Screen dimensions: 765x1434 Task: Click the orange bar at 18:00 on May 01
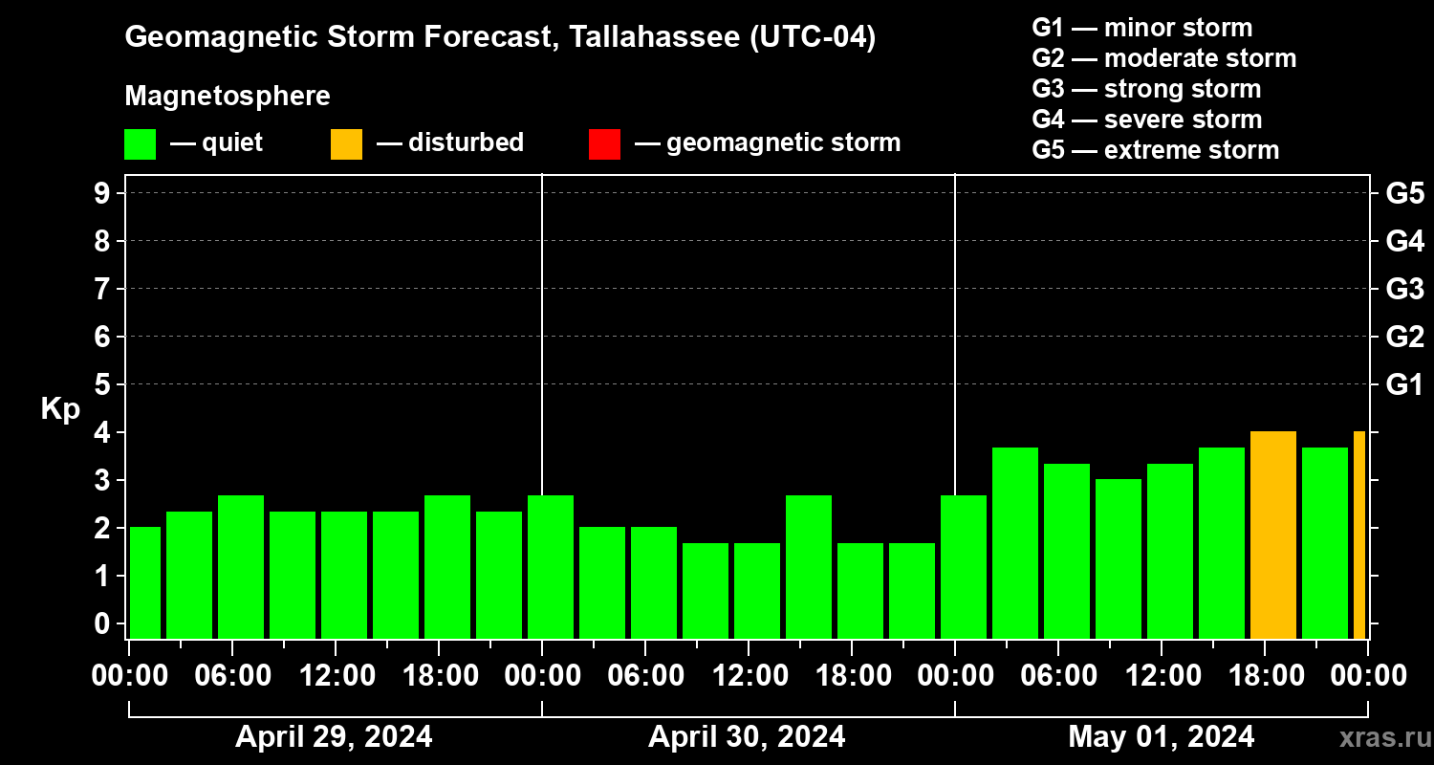[x=1272, y=535]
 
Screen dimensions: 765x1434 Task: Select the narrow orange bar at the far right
[x=1359, y=535]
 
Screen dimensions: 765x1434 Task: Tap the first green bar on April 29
[x=144, y=582]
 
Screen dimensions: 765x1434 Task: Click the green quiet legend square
[x=140, y=143]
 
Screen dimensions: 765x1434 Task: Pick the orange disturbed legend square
[x=346, y=143]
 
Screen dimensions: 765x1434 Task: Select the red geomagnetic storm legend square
[x=604, y=143]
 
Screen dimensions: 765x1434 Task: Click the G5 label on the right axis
[x=1404, y=193]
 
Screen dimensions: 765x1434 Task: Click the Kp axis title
[x=60, y=409]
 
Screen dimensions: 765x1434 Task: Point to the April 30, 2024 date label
[x=747, y=736]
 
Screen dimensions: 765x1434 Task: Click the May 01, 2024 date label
[x=1161, y=736]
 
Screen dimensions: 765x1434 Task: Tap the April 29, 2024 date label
[x=334, y=736]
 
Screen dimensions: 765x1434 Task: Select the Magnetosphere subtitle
[x=228, y=97]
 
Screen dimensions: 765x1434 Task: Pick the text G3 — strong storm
[x=1146, y=89]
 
